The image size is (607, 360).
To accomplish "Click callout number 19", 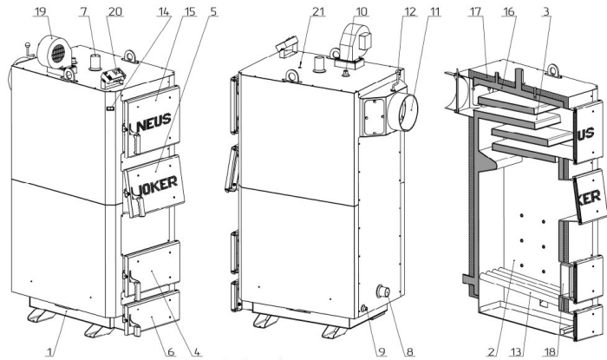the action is pos(40,11).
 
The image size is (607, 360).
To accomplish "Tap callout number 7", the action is pos(84,11).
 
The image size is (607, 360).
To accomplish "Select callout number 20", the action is pos(115,11).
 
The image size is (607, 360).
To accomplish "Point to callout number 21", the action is pos(318,11).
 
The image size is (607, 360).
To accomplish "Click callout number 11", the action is pos(435,11).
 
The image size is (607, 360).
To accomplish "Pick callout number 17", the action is pos(475,11).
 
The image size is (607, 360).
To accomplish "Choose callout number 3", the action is pos(546,11).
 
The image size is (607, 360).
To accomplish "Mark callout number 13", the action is pos(516,351).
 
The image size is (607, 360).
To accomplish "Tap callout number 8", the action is pos(410,351).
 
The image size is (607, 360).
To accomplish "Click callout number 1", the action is pos(49,351).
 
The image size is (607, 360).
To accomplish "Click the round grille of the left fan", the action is pos(58,53).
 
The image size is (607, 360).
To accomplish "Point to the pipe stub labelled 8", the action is pos(383,291).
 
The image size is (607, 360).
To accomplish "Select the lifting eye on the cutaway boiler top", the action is pos(554,71).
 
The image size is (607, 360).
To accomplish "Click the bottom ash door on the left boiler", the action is pos(153,312).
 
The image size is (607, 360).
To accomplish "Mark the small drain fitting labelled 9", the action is pos(363,308).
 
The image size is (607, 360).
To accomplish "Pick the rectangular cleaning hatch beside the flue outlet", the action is pos(374,116).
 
